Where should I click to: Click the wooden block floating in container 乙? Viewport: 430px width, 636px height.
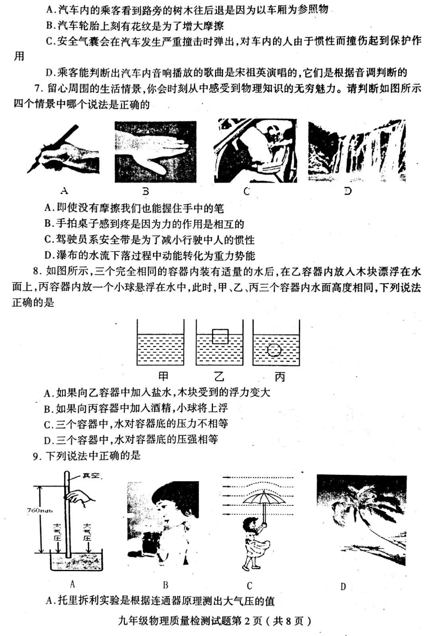220,336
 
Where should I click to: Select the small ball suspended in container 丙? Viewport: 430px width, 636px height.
274,350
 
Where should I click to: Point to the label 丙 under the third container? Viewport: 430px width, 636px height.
280,377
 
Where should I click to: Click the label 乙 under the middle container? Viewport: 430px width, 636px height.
219,377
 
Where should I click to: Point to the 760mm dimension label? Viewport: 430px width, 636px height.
40,510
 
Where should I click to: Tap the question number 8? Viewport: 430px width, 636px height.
37,271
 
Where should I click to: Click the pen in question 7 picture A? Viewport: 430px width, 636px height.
53,149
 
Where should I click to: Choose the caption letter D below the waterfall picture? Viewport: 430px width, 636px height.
348,191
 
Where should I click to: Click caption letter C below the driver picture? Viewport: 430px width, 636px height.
246,191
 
